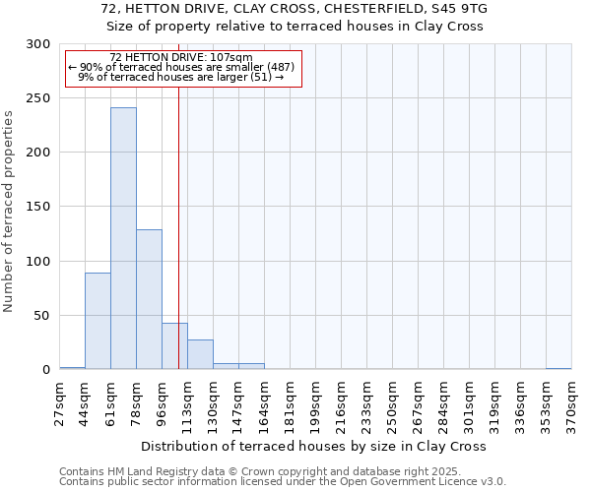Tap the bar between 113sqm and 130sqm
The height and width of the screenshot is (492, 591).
click(200, 354)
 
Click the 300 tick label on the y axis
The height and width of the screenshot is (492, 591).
click(37, 44)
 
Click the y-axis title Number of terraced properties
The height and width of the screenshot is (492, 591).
click(9, 211)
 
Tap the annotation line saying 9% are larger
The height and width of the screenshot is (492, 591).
click(181, 77)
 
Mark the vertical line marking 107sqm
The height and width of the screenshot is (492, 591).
click(178, 226)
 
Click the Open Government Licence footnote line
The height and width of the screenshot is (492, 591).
click(283, 481)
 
